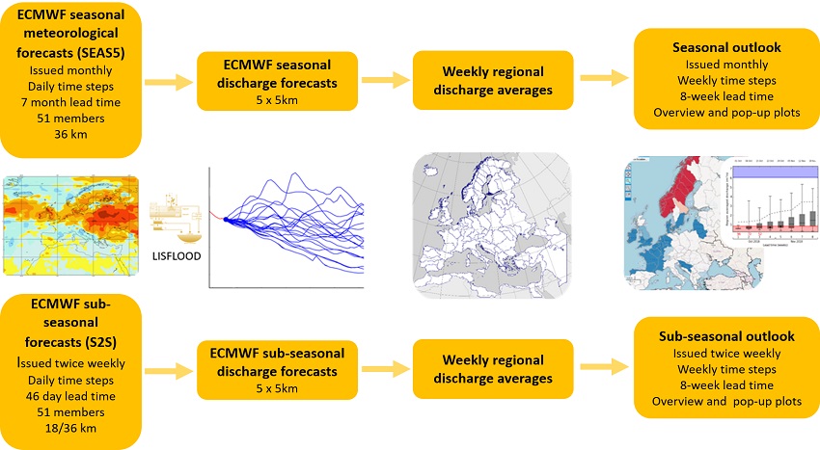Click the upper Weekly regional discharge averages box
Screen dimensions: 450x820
[x=492, y=80]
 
